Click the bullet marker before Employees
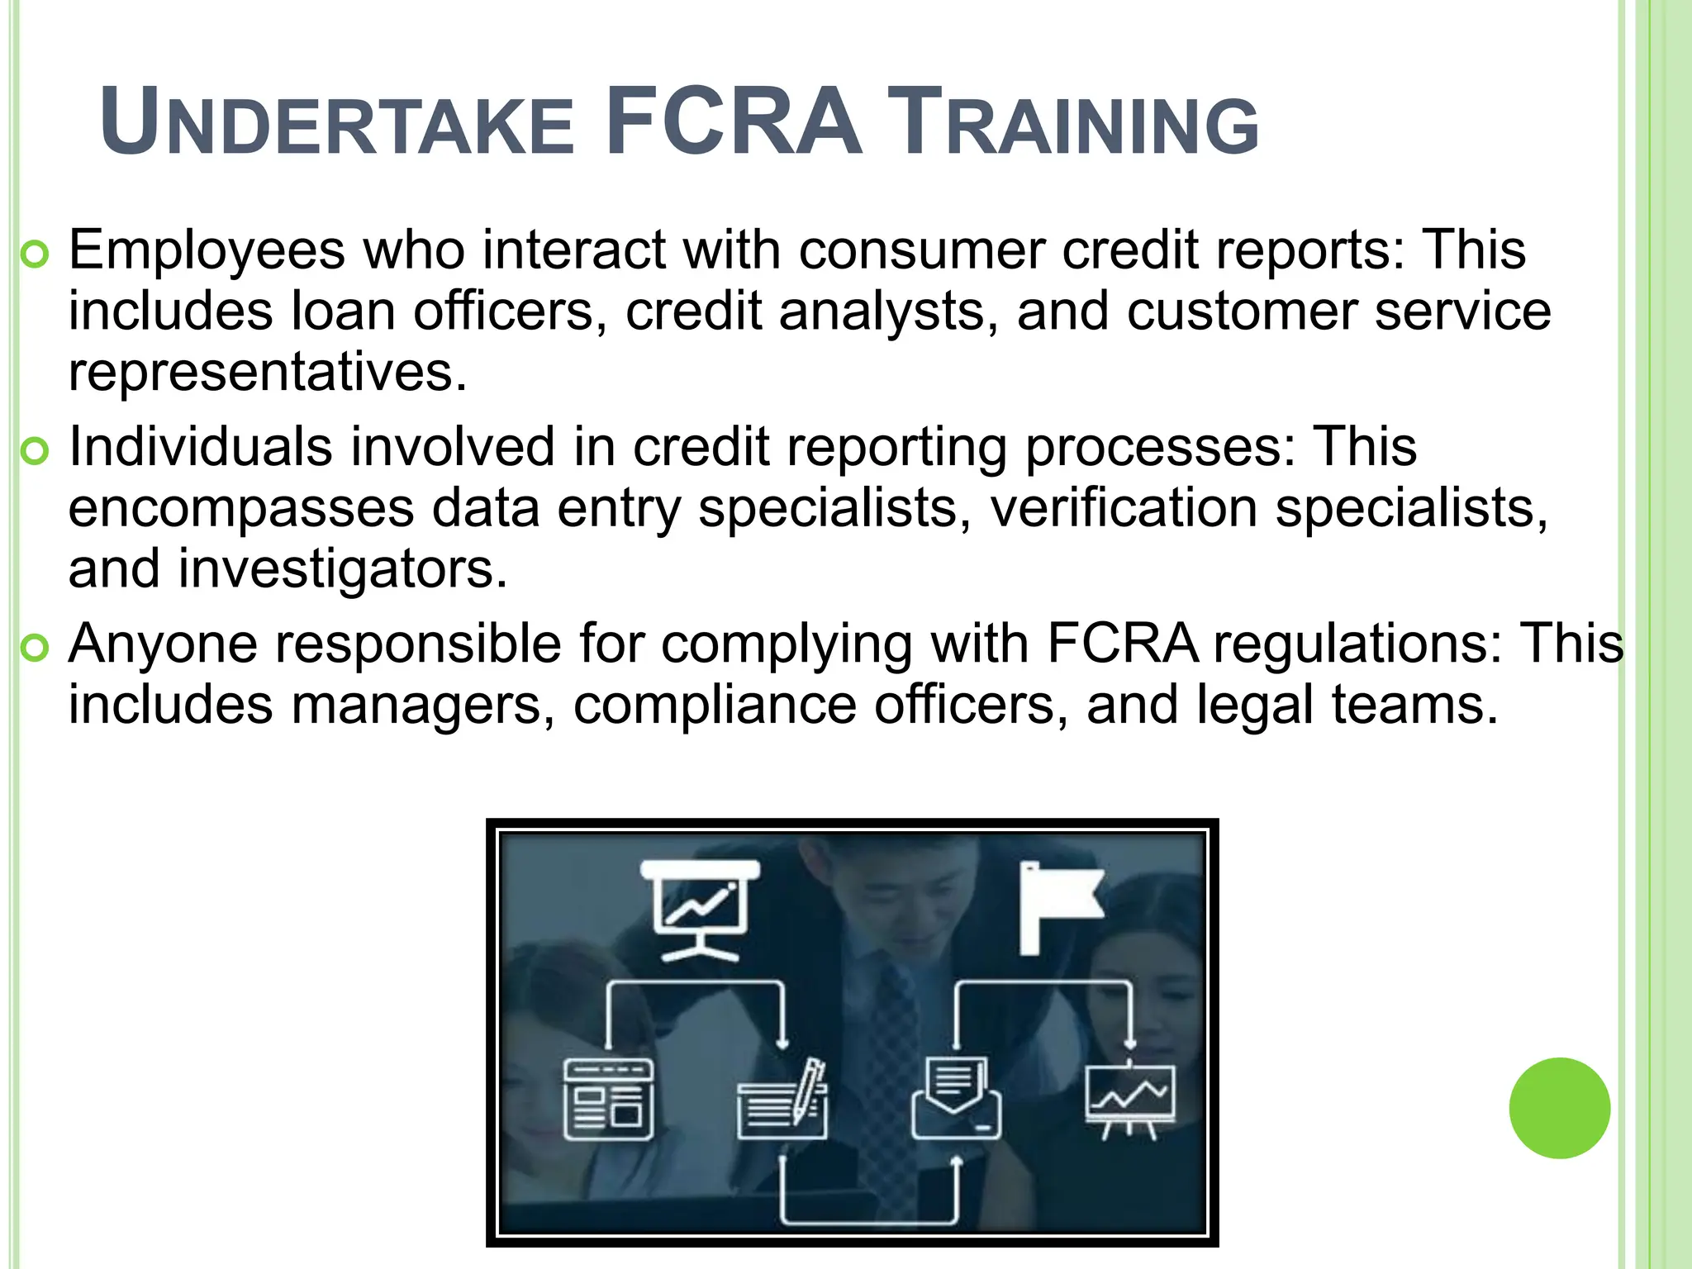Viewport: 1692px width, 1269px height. pyautogui.click(x=36, y=255)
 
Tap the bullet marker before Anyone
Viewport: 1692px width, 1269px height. pyautogui.click(x=36, y=649)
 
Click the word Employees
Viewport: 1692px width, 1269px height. pyautogui.click(x=207, y=250)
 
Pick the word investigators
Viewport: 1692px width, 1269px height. pyautogui.click(x=342, y=569)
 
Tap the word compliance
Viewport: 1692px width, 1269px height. pyautogui.click(x=715, y=705)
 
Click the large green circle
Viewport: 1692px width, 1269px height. pyautogui.click(x=1559, y=1108)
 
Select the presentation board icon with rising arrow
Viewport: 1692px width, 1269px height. pyautogui.click(x=701, y=910)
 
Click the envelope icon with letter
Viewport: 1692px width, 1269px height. pyautogui.click(x=956, y=1098)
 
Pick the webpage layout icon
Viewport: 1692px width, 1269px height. pyautogui.click(x=608, y=1098)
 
